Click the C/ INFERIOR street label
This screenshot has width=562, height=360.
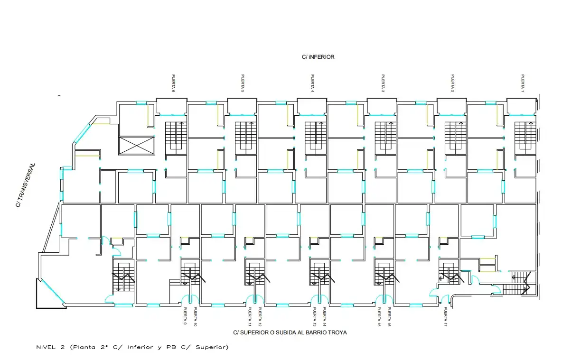318,57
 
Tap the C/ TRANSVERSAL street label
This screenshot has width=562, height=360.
26,185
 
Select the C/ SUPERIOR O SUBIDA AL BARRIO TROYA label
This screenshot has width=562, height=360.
290,332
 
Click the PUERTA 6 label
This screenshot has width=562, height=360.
173,83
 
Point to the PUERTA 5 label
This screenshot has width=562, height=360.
243,83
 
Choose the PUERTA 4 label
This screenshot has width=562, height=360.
312,83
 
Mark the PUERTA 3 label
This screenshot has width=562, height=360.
383,83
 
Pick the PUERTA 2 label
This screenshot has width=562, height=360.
453,83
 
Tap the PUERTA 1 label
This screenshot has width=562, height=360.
523,83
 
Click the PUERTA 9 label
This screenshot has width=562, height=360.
185,316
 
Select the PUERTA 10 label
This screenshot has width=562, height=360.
196,317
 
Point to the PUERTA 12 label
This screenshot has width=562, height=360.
260,317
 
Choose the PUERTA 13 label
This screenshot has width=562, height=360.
314,317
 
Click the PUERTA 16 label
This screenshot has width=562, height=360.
389,317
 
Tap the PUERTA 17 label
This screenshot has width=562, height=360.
446,317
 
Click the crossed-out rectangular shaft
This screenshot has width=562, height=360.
137,145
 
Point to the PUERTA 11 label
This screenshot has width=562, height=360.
250,317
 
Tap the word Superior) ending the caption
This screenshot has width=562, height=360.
212,347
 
